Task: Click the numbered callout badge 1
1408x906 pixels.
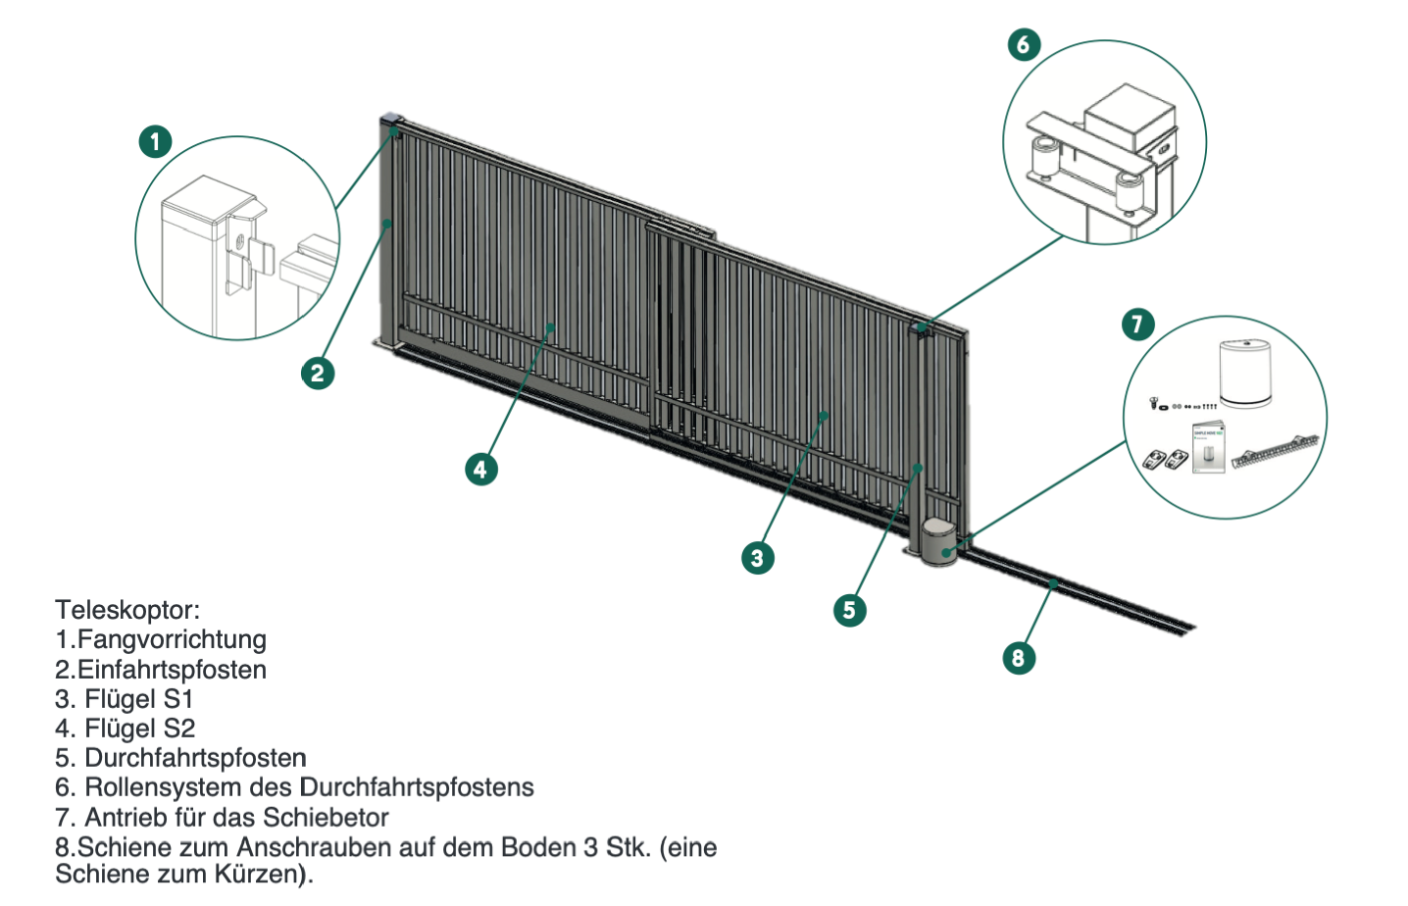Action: click(x=155, y=141)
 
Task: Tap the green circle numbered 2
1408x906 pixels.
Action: click(x=317, y=373)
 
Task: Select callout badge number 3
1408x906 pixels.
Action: click(x=757, y=558)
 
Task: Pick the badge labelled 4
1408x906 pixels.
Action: click(x=480, y=469)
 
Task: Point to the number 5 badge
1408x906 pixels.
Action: click(x=849, y=610)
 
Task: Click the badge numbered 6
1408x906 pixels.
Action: click(x=1024, y=44)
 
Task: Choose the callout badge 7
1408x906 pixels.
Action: click(x=1137, y=324)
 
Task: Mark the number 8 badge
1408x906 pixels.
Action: click(x=1019, y=658)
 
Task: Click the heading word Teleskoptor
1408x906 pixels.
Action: click(x=126, y=610)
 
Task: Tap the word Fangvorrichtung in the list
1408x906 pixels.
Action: click(x=172, y=639)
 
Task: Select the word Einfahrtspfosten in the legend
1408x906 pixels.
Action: click(x=172, y=670)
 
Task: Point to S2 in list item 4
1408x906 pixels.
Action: click(x=179, y=729)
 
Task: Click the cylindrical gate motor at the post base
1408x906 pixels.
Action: click(x=939, y=542)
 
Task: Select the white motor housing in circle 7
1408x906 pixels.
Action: click(x=1245, y=373)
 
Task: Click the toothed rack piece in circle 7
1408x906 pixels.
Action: click(x=1275, y=450)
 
